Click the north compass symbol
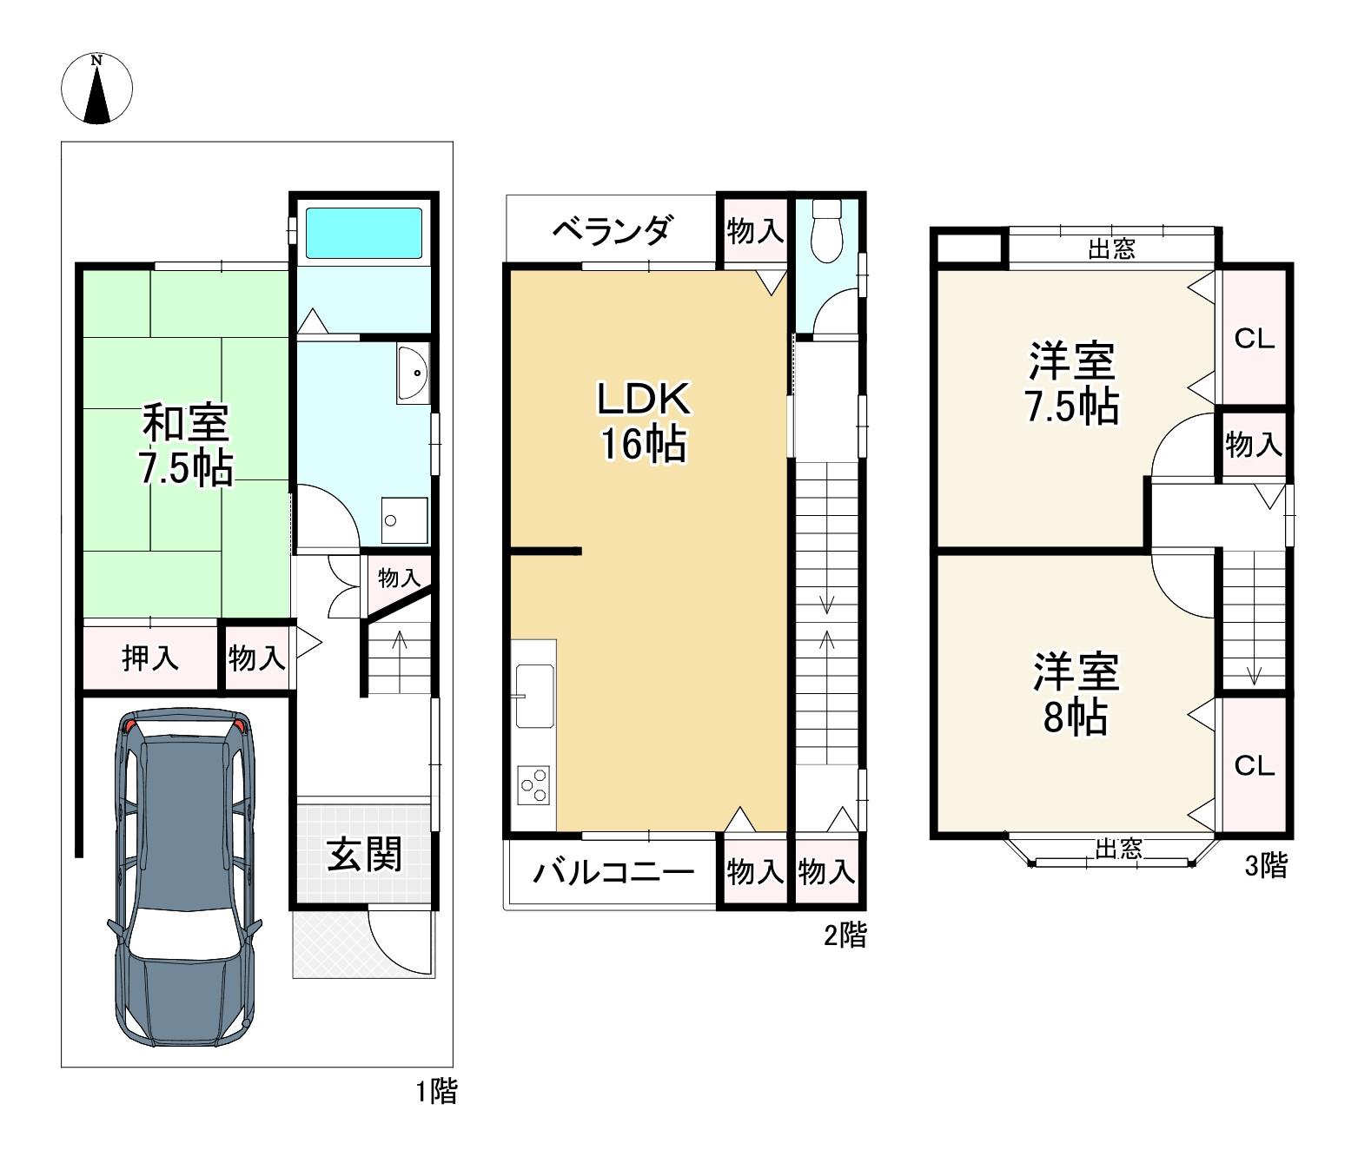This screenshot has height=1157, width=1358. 96,88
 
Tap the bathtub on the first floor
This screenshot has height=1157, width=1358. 363,234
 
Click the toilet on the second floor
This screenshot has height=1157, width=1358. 826,230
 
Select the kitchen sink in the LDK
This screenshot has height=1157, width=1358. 534,696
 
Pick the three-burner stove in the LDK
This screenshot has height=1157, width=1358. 533,785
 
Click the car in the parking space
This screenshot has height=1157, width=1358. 184,878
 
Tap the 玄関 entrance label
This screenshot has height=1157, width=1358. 364,855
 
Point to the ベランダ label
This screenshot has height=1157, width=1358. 613,230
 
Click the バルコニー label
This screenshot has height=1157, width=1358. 613,872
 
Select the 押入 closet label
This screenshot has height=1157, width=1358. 149,658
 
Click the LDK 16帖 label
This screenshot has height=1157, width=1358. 644,421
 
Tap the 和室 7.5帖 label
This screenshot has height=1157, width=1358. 185,445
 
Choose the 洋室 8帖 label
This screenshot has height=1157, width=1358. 1076,693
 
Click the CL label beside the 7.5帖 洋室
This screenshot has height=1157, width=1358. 1255,339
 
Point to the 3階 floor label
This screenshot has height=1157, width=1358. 1266,866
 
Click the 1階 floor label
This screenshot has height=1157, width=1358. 437,1092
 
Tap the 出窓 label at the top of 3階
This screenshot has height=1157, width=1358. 1111,249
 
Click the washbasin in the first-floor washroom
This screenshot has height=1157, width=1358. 413,374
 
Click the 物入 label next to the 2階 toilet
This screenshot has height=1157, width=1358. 755,231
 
